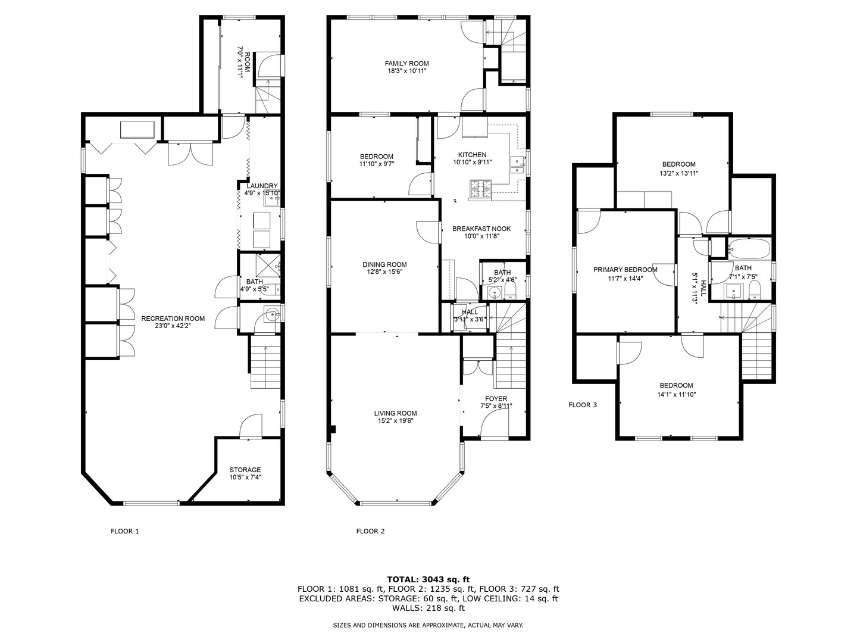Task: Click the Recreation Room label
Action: pos(165,319)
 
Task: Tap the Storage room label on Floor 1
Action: pos(245,470)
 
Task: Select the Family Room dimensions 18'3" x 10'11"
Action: pos(406,71)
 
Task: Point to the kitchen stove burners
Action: pos(481,189)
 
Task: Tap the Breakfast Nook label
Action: pos(481,229)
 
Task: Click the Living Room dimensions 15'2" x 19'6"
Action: pos(395,420)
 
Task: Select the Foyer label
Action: pos(496,399)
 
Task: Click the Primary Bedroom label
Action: pos(625,270)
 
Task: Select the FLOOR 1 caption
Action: pos(125,531)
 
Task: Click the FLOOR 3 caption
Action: pos(583,405)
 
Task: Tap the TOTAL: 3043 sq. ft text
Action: pos(428,579)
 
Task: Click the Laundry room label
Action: pos(262,186)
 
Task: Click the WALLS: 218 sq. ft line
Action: pos(428,608)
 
